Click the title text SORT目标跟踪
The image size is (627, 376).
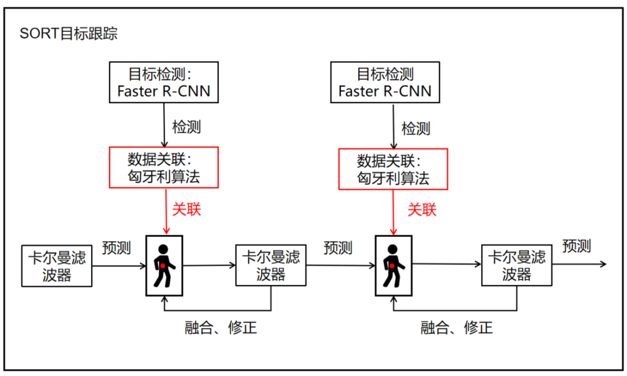(x=69, y=34)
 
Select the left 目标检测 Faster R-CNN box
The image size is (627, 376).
(x=164, y=82)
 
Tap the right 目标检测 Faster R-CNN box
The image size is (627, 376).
(x=385, y=82)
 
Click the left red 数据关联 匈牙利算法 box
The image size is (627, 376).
(x=164, y=168)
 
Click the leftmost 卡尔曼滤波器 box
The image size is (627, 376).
(x=56, y=266)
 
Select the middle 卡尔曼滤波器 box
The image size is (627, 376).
(x=271, y=265)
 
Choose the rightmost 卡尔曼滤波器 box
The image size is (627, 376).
(x=517, y=265)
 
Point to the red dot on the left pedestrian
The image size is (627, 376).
(x=164, y=266)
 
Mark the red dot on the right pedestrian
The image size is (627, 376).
(x=392, y=266)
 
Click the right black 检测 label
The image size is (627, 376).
(x=416, y=128)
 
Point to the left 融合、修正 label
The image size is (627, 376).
(x=221, y=328)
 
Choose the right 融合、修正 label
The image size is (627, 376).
(x=456, y=328)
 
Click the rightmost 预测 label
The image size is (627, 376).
(x=576, y=246)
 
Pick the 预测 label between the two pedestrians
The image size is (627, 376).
(x=338, y=248)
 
